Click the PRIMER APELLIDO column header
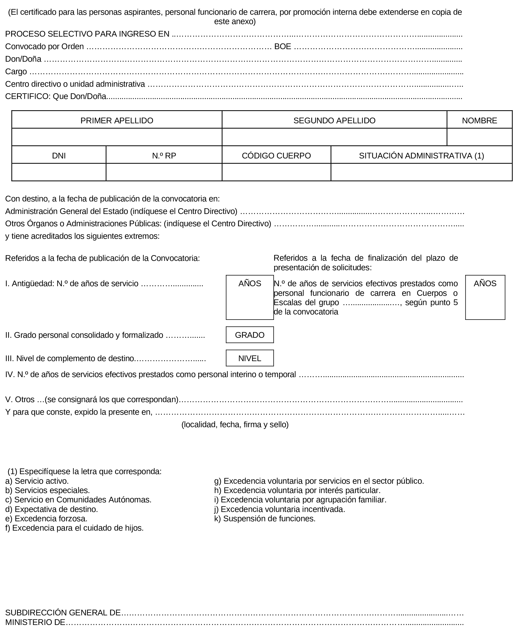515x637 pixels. [x=117, y=120]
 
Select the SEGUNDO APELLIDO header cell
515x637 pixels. [x=334, y=120]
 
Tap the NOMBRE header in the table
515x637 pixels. [x=479, y=120]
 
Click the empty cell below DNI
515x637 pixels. [x=59, y=172]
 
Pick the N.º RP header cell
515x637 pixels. [x=164, y=156]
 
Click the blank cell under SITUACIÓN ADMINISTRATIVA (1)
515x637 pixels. [x=421, y=172]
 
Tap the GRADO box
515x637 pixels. [x=250, y=335]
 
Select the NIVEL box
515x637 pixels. [x=250, y=358]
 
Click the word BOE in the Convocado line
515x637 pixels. [x=282, y=47]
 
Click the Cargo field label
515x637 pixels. [x=16, y=71]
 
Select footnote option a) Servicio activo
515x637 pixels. [x=37, y=481]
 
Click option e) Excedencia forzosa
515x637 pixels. [x=46, y=519]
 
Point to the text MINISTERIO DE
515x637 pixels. [x=35, y=623]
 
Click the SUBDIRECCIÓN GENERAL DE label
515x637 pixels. [x=63, y=613]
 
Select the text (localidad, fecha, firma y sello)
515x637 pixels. [x=235, y=425]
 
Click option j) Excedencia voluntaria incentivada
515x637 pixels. [x=279, y=509]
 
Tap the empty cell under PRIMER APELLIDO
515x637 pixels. [x=117, y=137]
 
